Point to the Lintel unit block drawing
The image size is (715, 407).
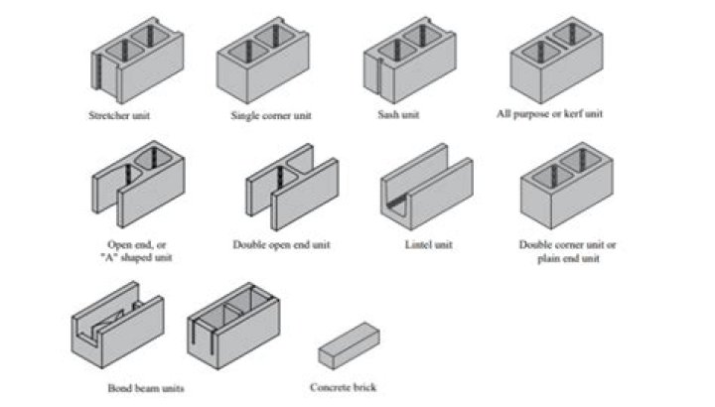coord(426,189)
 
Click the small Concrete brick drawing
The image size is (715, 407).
coord(350,347)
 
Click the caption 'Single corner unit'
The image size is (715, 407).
coord(271,116)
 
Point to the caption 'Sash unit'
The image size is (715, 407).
coord(402,115)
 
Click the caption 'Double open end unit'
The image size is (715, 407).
coord(281,243)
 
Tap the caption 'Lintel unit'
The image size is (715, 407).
coord(429,243)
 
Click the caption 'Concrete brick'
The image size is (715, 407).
coord(343,387)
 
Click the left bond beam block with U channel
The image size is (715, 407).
coord(117,327)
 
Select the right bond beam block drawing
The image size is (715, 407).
coord(233,327)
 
